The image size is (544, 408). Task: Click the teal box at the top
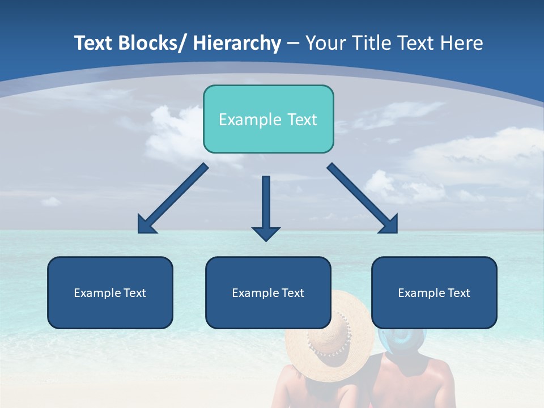coord(268,119)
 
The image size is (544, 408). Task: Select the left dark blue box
coord(110,292)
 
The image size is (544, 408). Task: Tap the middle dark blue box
coord(268,292)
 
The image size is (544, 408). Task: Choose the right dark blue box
coord(434,292)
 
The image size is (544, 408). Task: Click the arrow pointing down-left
coord(173,198)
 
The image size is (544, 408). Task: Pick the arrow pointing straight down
coord(266,207)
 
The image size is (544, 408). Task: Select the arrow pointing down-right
coord(363,198)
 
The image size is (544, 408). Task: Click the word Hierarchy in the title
coord(237,43)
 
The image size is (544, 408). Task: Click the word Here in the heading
coord(462,43)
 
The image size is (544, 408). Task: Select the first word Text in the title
coord(94,43)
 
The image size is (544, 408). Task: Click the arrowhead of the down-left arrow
coord(146,224)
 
